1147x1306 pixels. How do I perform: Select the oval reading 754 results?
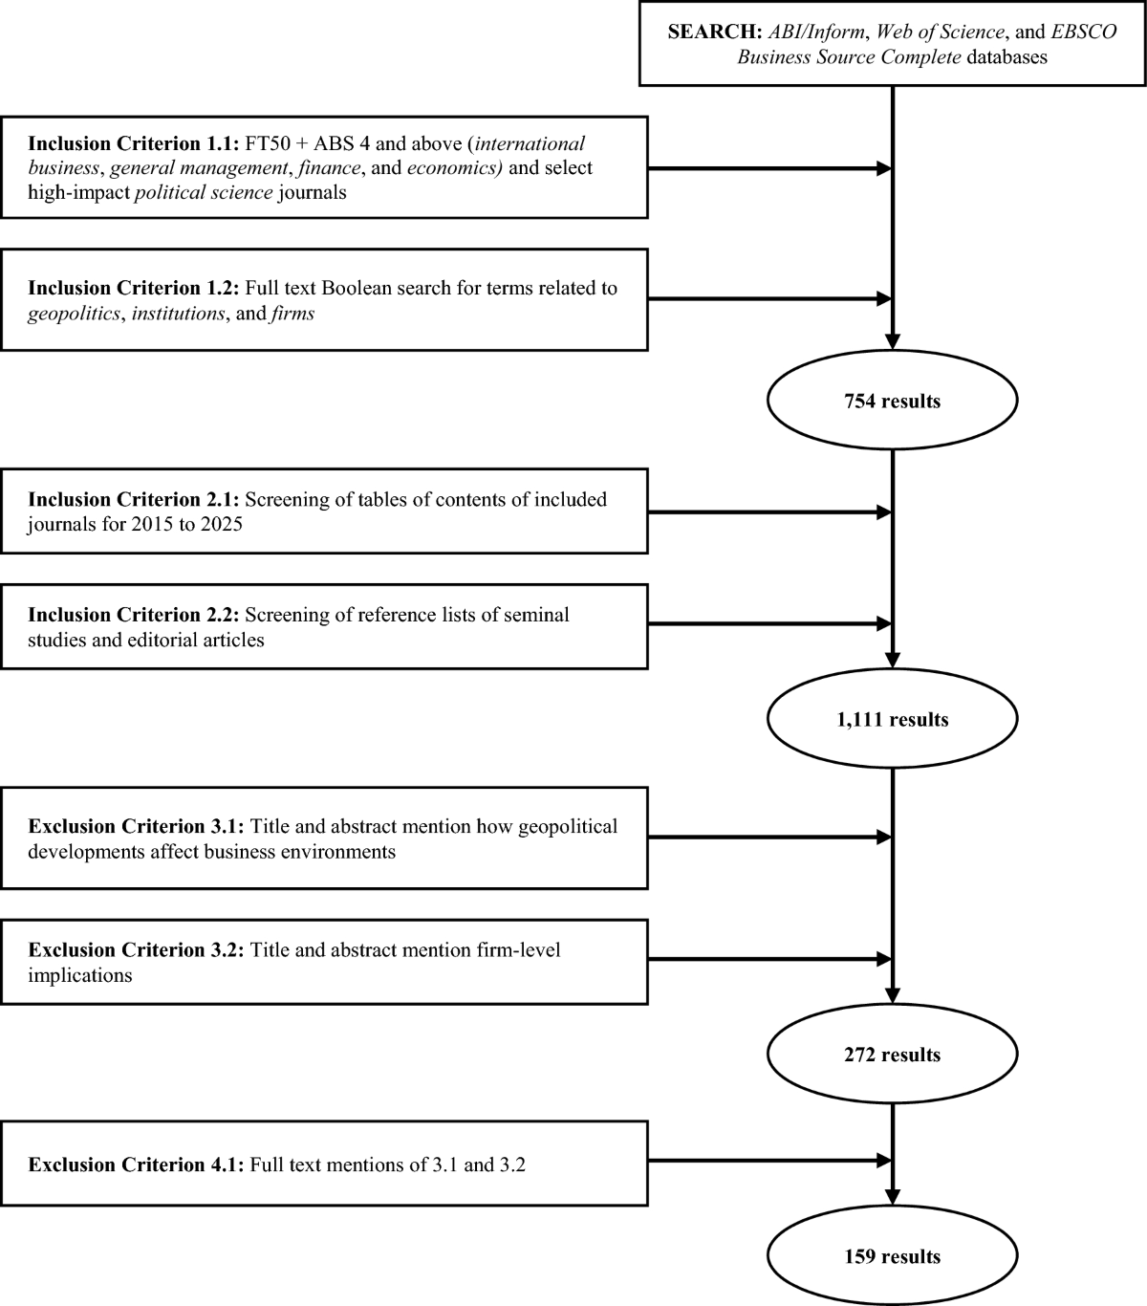click(x=892, y=402)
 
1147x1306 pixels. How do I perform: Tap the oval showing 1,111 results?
click(x=892, y=720)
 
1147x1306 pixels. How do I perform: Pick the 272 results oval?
click(x=892, y=1056)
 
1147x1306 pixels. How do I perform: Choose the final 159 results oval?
click(x=892, y=1256)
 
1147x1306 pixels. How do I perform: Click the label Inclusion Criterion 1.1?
click(x=134, y=143)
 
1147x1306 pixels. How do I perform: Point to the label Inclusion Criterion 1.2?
click(x=134, y=288)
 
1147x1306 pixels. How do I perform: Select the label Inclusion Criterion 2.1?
click(x=134, y=499)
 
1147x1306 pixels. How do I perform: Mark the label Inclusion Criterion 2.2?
click(x=134, y=615)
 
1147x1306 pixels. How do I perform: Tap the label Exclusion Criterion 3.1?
click(x=136, y=826)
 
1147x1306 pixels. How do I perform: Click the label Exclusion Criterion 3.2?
click(x=136, y=950)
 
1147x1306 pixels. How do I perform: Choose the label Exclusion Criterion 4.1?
click(x=136, y=1165)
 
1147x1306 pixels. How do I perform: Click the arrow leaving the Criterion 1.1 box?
click(x=768, y=169)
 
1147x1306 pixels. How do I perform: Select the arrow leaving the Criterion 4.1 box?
click(x=768, y=1162)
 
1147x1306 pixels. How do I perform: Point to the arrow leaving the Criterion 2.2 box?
click(x=768, y=625)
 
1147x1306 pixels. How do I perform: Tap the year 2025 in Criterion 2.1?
click(x=222, y=524)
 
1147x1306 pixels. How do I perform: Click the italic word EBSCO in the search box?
click(x=1084, y=32)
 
